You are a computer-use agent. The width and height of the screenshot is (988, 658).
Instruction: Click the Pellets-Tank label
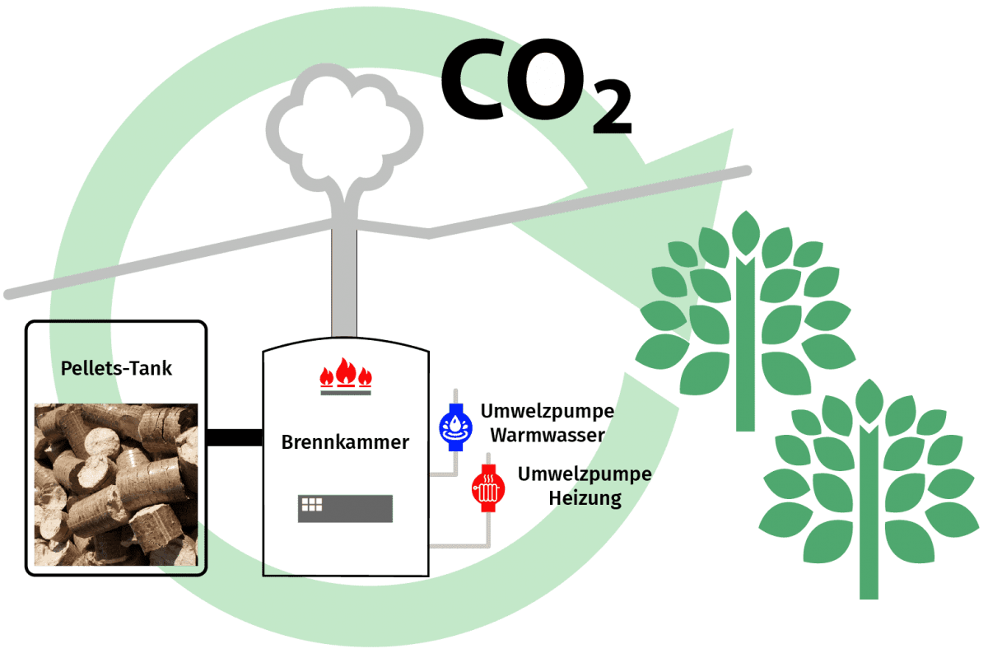pyautogui.click(x=117, y=368)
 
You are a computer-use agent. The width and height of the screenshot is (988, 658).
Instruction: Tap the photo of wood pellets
pyautogui.click(x=115, y=484)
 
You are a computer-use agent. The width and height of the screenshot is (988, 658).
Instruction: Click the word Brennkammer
pyautogui.click(x=345, y=442)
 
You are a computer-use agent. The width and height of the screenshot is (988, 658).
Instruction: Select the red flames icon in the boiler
pyautogui.click(x=345, y=376)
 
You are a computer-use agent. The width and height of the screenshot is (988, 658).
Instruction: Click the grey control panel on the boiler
pyautogui.click(x=345, y=508)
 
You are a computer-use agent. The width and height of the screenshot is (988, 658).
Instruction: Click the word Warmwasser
pyautogui.click(x=552, y=434)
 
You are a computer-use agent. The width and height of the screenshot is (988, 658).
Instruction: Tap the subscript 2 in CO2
pyautogui.click(x=612, y=116)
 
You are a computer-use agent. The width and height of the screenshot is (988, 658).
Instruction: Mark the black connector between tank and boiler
pyautogui.click(x=235, y=436)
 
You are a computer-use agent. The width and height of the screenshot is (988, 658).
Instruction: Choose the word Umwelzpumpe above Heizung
pyautogui.click(x=585, y=474)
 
